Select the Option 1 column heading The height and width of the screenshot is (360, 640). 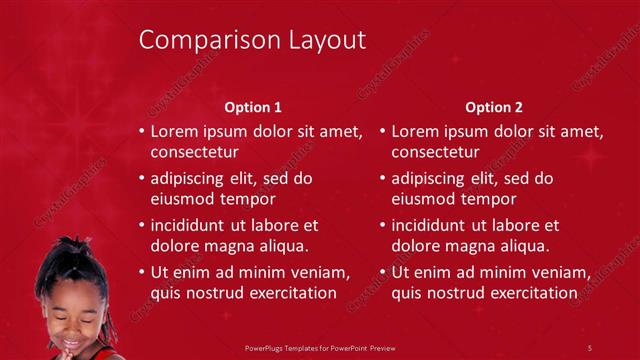(x=253, y=107)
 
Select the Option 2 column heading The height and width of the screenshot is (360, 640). (x=494, y=107)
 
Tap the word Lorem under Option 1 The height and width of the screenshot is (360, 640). (x=172, y=131)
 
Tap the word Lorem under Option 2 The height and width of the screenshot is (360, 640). (x=413, y=131)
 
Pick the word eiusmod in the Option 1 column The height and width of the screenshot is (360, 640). (x=181, y=199)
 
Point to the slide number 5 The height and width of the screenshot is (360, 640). (x=590, y=347)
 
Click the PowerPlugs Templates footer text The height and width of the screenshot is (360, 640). (x=320, y=347)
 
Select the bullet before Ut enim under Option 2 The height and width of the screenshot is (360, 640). (x=383, y=272)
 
